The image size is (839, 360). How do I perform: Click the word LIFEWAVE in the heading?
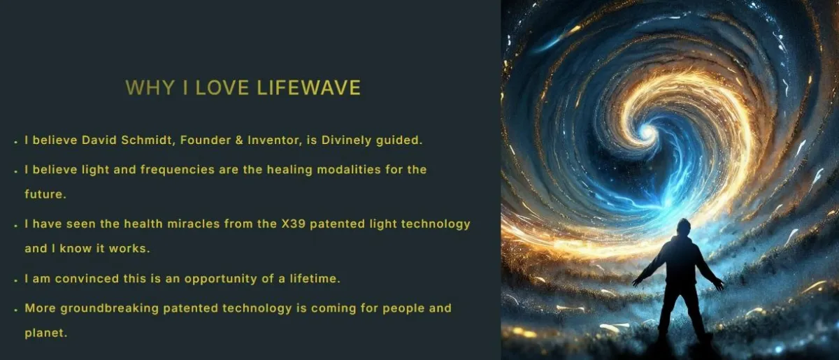point(308,87)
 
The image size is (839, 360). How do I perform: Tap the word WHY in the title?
point(150,87)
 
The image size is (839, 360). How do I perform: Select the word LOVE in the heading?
point(222,87)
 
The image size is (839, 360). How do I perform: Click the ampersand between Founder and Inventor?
point(239,140)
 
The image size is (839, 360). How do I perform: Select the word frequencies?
point(178,170)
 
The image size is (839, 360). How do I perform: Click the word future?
point(45,194)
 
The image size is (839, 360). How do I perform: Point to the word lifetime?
point(315,279)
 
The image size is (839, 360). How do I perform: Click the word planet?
point(45,333)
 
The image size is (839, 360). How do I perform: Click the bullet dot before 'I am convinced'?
point(15,280)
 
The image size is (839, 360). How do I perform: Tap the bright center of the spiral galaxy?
point(647,132)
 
